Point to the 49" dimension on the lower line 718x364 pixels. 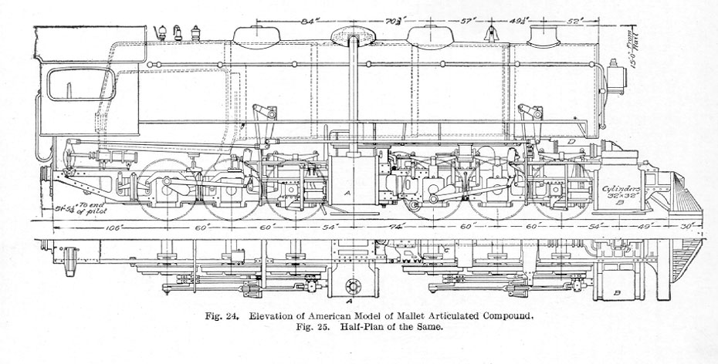(646, 228)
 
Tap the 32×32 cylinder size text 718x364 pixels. (621, 197)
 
